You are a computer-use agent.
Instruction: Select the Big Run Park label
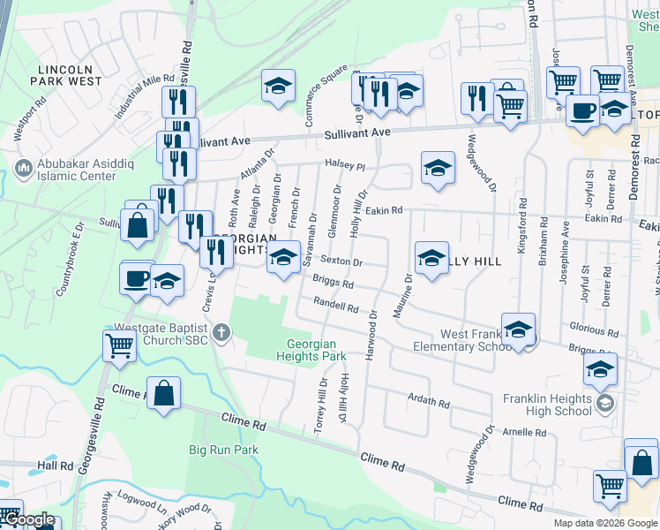click(223, 450)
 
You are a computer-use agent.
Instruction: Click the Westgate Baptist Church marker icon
click(221, 333)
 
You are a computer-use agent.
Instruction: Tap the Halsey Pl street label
click(344, 165)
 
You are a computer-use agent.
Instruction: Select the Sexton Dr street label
click(341, 261)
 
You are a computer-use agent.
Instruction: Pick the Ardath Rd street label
click(429, 399)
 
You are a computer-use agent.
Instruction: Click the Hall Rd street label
click(55, 466)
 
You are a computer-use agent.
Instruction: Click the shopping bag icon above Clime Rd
click(164, 393)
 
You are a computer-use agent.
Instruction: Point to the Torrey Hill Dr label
click(322, 405)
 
